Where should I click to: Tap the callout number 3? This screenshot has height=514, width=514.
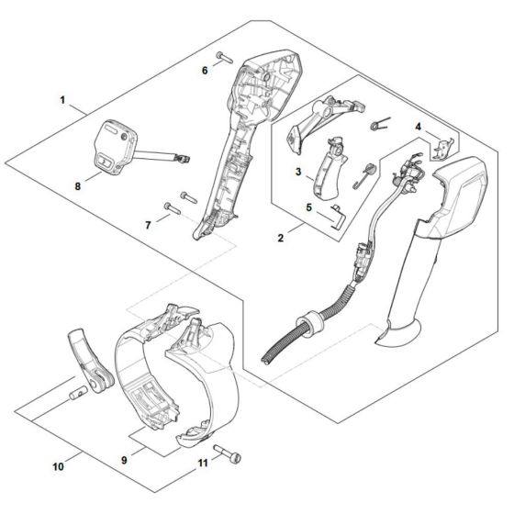[x=299, y=172]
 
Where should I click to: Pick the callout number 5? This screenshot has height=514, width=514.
[x=309, y=208]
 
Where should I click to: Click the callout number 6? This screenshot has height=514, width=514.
[x=205, y=69]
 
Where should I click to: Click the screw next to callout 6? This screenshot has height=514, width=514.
[x=225, y=61]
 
